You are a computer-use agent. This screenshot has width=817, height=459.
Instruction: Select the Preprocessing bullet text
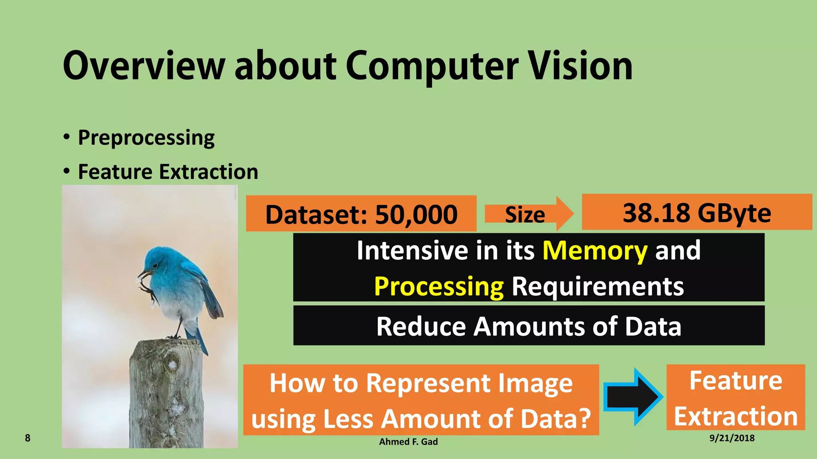pos(146,138)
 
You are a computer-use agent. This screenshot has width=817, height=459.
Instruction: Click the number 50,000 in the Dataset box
pos(416,214)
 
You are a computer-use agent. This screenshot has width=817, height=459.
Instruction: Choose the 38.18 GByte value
pos(697,213)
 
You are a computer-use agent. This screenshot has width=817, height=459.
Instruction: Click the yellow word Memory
pos(595,251)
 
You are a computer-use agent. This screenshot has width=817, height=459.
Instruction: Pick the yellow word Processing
pos(439,286)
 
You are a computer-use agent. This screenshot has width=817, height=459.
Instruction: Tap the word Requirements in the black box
pos(597,286)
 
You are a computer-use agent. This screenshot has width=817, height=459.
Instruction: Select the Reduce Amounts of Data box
pos(529,326)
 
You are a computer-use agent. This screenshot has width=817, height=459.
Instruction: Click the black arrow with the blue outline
pos(633,396)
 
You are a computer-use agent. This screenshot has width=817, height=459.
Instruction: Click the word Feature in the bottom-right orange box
pos(736,381)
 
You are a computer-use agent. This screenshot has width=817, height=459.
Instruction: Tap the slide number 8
pos(28,438)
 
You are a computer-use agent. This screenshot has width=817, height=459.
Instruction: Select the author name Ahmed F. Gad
pos(408,441)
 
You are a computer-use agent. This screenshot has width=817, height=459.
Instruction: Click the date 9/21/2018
pos(732,438)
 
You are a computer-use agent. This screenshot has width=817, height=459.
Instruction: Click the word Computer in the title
pos(432,66)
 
